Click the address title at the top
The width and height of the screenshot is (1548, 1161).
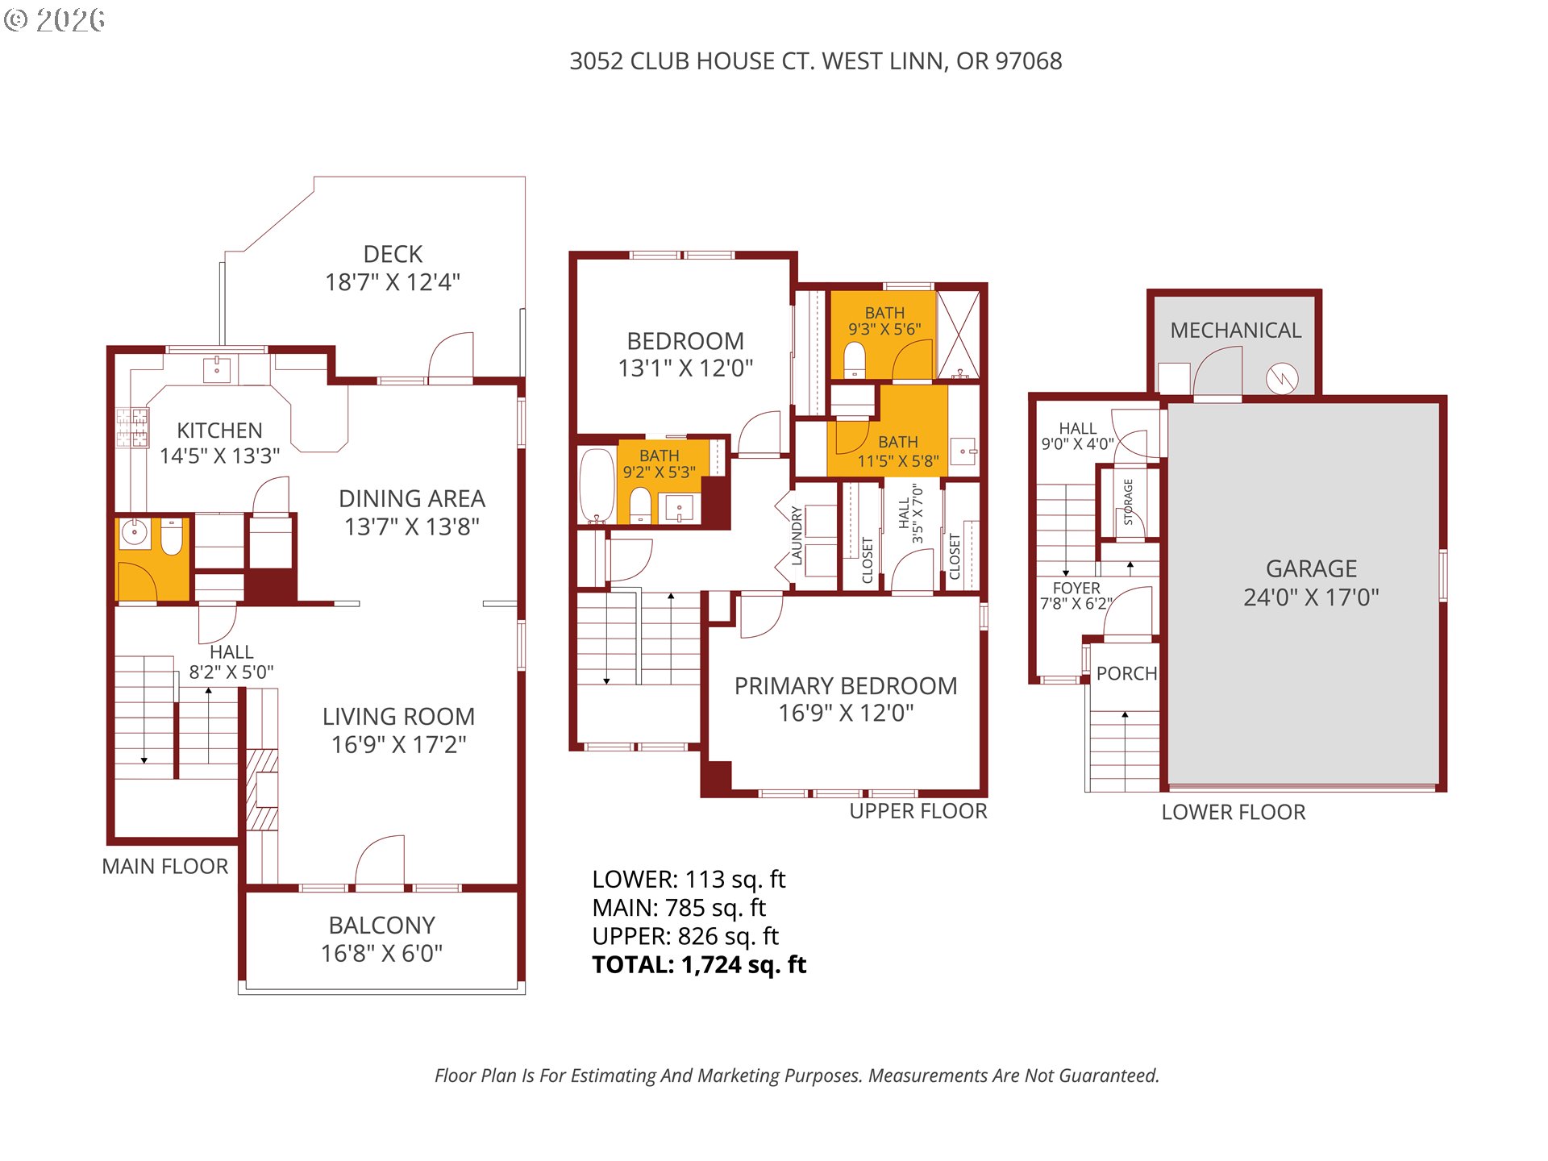pyautogui.click(x=815, y=61)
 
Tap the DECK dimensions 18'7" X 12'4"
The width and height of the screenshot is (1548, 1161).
pyautogui.click(x=392, y=282)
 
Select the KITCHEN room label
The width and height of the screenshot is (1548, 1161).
pyautogui.click(x=219, y=430)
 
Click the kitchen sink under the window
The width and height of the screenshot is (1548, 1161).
pyautogui.click(x=217, y=370)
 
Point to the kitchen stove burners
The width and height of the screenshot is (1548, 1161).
pyautogui.click(x=132, y=427)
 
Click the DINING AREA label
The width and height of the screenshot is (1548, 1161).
pyautogui.click(x=411, y=498)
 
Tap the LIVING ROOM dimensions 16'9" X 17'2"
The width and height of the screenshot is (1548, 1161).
pyautogui.click(x=398, y=744)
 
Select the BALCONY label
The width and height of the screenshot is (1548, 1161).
pyautogui.click(x=381, y=925)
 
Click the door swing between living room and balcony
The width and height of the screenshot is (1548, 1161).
pyautogui.click(x=381, y=861)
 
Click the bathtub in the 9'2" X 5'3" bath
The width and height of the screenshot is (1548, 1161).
pyautogui.click(x=596, y=486)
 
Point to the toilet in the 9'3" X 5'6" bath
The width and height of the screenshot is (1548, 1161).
pyautogui.click(x=855, y=360)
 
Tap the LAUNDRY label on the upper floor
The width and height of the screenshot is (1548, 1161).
pyautogui.click(x=797, y=535)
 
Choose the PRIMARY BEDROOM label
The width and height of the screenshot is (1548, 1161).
pyautogui.click(x=845, y=685)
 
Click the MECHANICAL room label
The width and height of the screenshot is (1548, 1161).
pyautogui.click(x=1235, y=331)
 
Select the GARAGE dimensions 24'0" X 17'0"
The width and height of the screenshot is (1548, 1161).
pyautogui.click(x=1310, y=597)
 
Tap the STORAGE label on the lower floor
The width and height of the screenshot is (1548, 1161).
pyautogui.click(x=1128, y=501)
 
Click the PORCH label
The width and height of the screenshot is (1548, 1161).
pyautogui.click(x=1126, y=673)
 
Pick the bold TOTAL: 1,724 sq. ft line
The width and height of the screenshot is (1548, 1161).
pyautogui.click(x=698, y=964)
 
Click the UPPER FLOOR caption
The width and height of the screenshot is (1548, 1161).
pyautogui.click(x=918, y=811)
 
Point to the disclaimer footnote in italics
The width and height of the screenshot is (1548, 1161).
pyautogui.click(x=797, y=1076)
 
